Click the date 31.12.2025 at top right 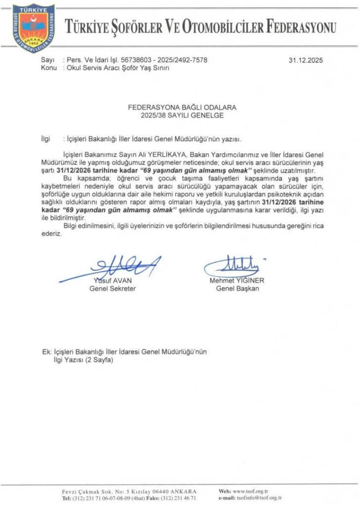point(305,61)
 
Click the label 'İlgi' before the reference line point(45,139)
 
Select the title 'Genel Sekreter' point(112,289)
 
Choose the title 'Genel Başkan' point(237,289)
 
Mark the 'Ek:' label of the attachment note point(47,352)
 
